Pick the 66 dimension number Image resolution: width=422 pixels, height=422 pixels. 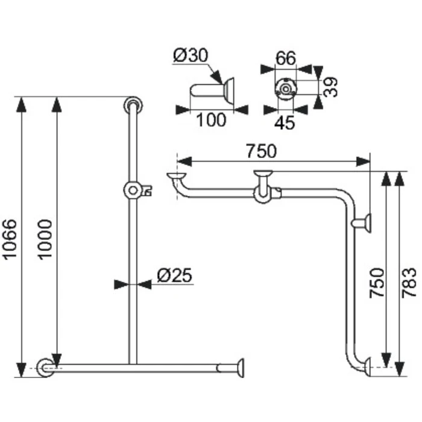(x=285, y=58)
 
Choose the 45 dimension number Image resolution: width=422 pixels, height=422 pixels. (x=285, y=123)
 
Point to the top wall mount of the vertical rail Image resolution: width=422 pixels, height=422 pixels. (x=132, y=105)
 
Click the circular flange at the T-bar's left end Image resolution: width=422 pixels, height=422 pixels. (x=44, y=367)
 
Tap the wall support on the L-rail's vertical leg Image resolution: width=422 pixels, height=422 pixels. (x=364, y=224)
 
